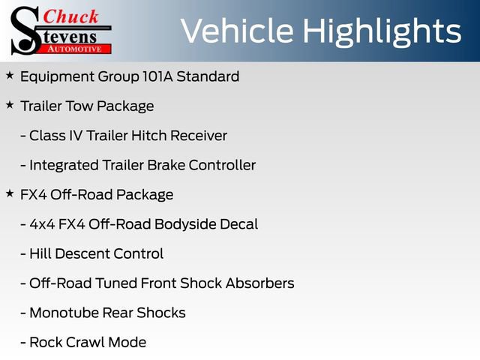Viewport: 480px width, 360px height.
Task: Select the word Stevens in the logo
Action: pos(71,35)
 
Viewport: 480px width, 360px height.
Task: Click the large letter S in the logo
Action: pos(24,30)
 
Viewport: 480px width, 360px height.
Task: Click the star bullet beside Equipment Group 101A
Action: pos(10,76)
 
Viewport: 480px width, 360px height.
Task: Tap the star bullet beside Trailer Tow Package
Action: pos(10,106)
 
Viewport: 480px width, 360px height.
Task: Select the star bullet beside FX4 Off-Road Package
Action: pos(10,194)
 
